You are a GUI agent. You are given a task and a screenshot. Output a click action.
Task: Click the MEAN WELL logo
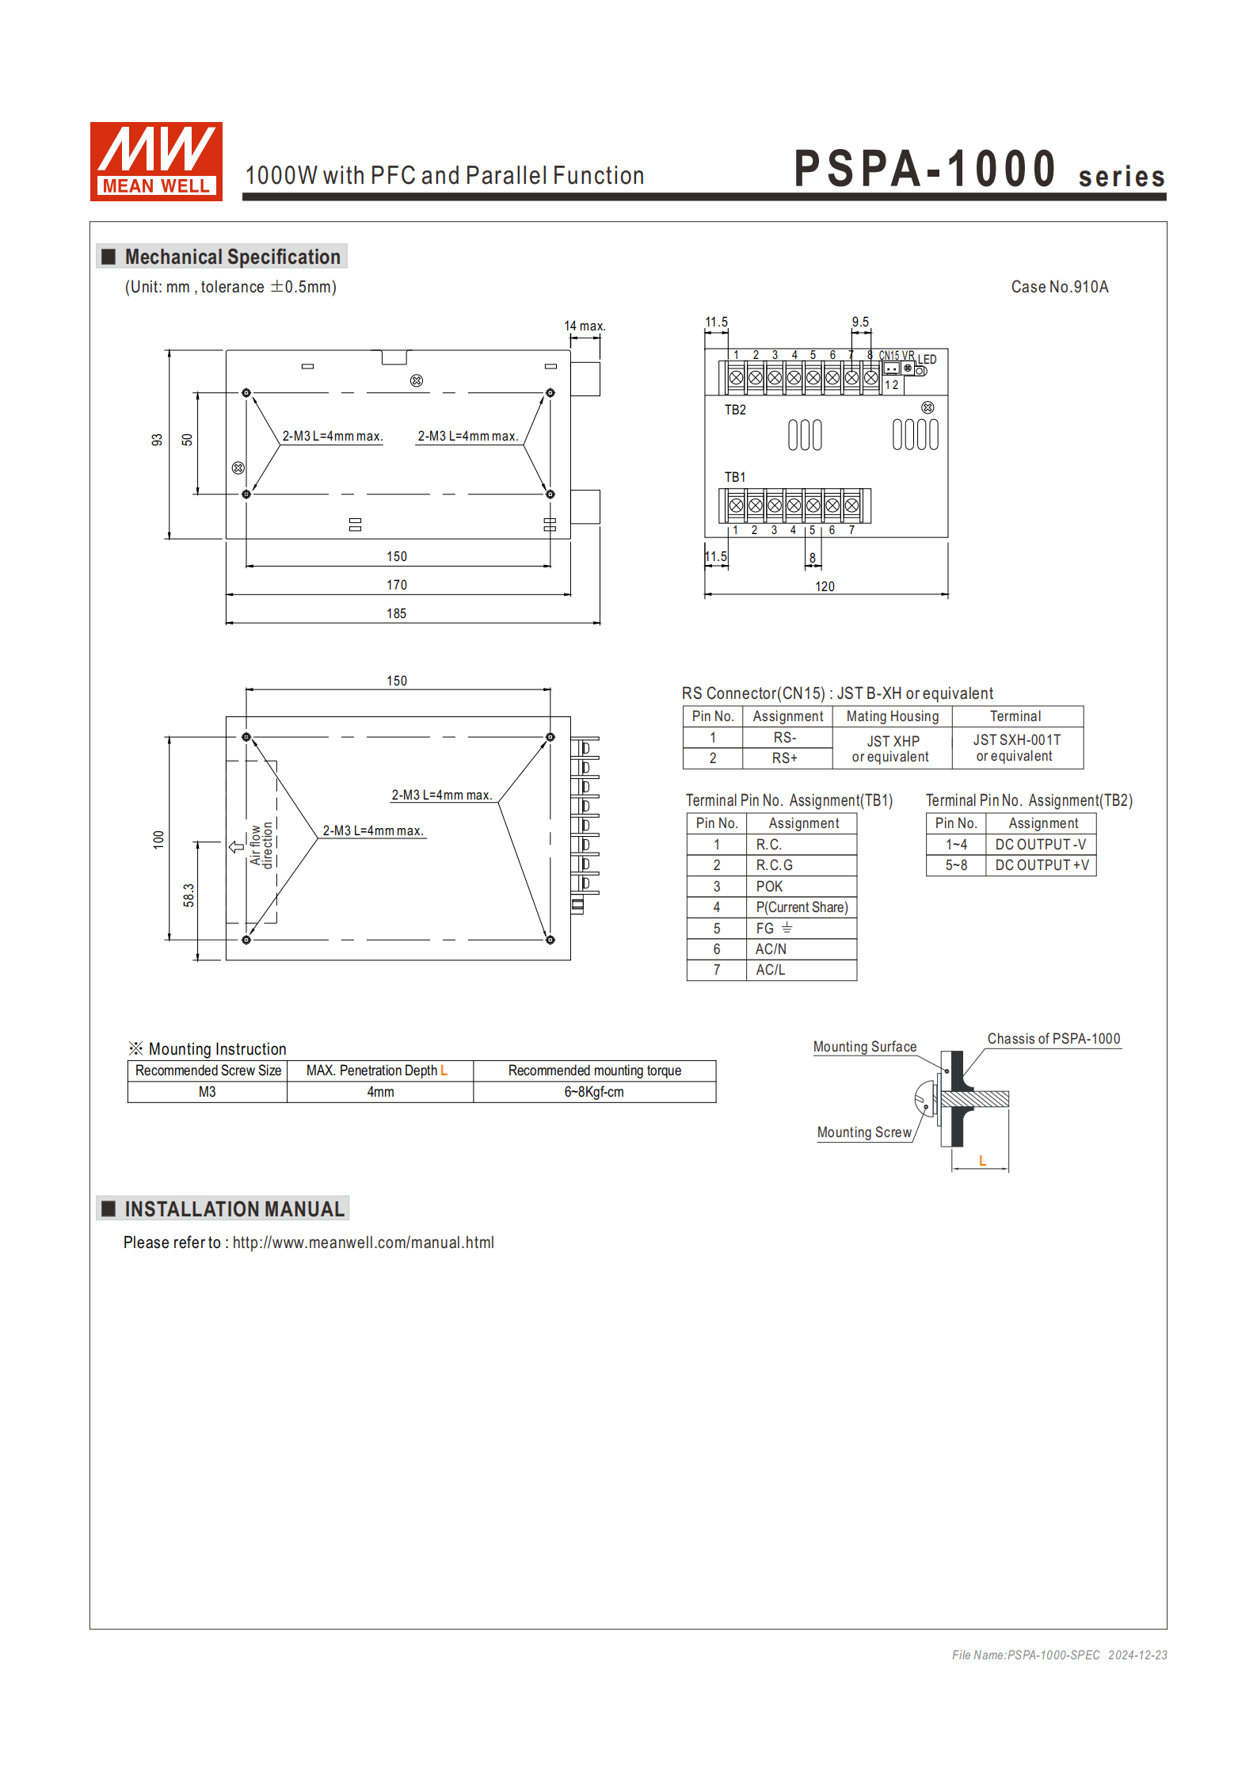click(x=156, y=161)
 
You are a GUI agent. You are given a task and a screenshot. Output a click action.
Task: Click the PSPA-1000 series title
click(x=979, y=170)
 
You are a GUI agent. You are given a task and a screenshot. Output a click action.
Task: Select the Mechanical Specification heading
click(x=232, y=257)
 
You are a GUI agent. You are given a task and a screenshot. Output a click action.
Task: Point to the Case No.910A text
click(x=1059, y=287)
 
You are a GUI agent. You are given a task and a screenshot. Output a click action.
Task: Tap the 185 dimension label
click(x=396, y=613)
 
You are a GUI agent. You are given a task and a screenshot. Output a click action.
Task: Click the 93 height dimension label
click(x=157, y=440)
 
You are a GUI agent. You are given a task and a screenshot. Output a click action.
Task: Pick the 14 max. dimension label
click(x=585, y=326)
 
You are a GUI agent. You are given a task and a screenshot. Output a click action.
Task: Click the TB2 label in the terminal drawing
click(x=735, y=410)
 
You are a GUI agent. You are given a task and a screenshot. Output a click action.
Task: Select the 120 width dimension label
click(x=825, y=586)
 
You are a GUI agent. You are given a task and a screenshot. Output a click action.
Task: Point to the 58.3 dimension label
click(x=189, y=895)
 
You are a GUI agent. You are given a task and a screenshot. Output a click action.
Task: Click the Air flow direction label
click(x=261, y=845)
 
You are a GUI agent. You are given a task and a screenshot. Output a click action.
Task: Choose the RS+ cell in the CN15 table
click(x=784, y=758)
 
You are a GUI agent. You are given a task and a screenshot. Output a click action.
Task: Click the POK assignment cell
click(x=769, y=886)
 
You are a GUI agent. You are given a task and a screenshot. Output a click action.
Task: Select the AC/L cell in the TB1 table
click(x=770, y=970)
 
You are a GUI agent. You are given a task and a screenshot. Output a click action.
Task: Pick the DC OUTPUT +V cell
click(x=1042, y=865)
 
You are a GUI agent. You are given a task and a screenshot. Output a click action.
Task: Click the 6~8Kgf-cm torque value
click(x=594, y=1092)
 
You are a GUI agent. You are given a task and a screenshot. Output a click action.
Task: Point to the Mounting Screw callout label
click(x=864, y=1132)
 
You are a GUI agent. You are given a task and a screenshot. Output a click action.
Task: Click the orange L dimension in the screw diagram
click(x=982, y=1161)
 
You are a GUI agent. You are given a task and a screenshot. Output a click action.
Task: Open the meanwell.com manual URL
click(x=363, y=1243)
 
